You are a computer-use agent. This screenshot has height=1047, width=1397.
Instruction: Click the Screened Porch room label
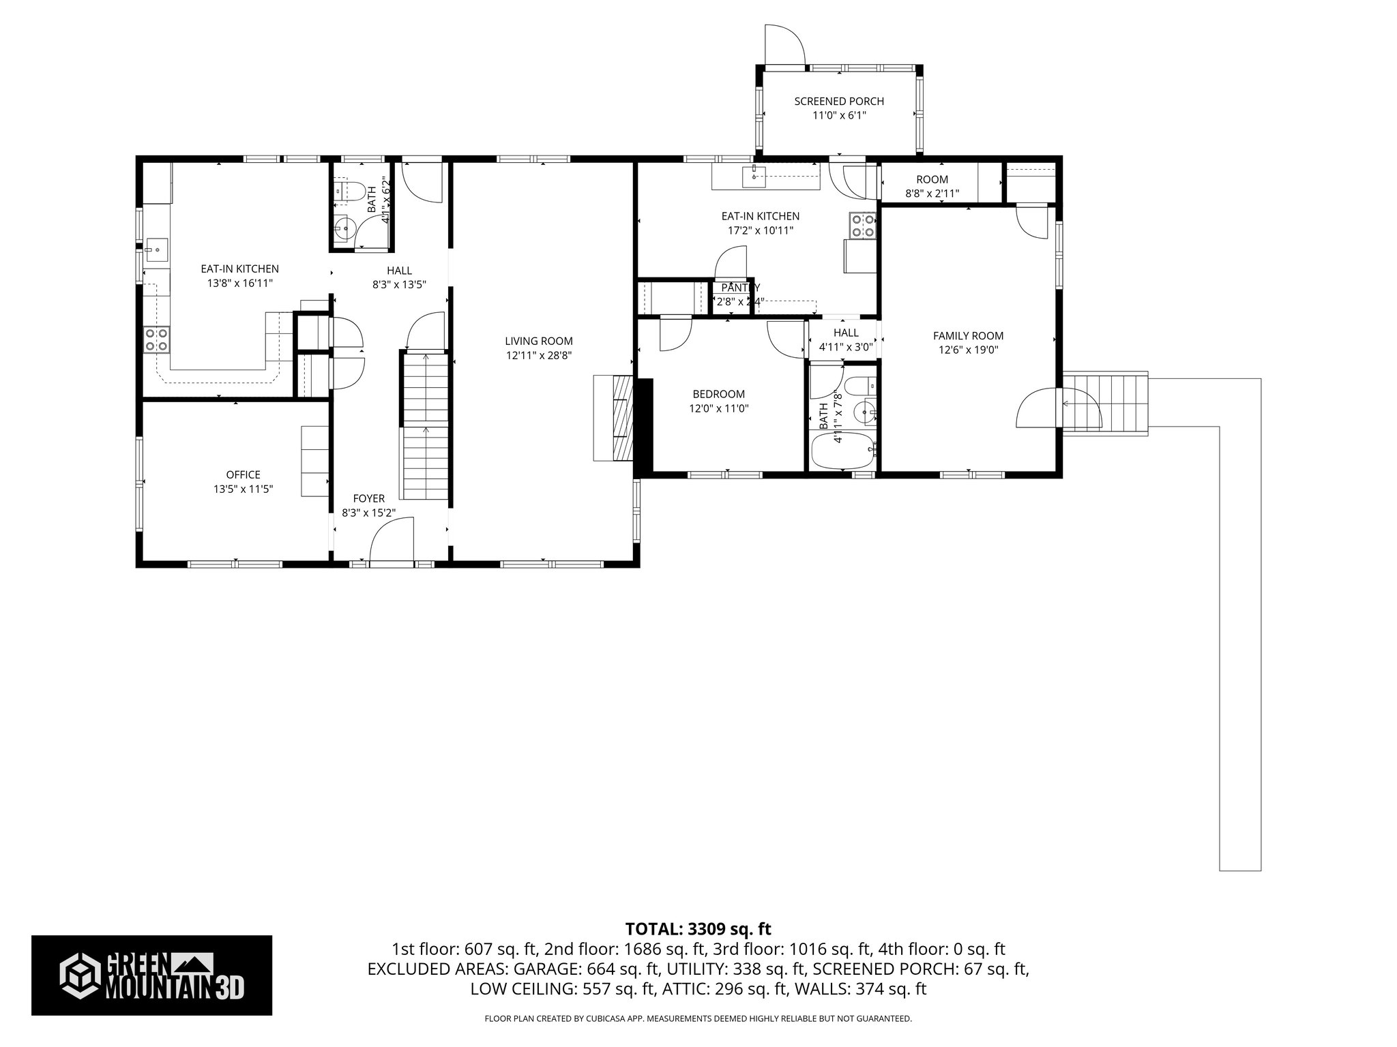838,102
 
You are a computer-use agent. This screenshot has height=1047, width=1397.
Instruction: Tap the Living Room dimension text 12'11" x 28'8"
539,355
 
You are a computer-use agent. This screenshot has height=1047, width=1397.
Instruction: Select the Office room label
244,474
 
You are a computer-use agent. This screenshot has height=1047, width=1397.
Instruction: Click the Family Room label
968,335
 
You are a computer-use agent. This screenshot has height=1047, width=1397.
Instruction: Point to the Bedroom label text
718,394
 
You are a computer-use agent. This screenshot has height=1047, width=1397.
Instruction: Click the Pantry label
740,288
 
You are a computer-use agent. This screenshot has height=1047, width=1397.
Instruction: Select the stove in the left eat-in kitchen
156,339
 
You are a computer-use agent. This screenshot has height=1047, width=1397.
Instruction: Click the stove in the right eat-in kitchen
862,225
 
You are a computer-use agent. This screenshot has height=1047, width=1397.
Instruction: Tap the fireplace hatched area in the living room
623,418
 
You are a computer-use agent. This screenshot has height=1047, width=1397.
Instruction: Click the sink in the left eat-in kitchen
153,250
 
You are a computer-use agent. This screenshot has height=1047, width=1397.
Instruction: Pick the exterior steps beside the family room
1105,402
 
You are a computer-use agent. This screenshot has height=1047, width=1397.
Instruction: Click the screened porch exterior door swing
784,45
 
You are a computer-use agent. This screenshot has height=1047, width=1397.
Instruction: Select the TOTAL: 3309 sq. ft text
698,928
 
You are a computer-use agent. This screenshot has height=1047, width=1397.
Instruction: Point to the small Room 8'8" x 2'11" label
932,186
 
